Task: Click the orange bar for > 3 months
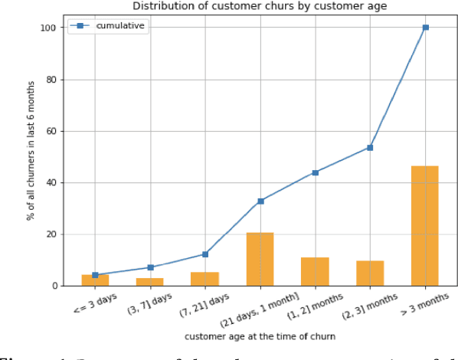[x=425, y=226]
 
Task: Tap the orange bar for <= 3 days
[x=95, y=280]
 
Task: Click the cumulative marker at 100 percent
[x=425, y=28]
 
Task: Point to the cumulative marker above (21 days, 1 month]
[x=260, y=201]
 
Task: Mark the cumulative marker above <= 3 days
[x=95, y=275]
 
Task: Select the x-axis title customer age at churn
[x=260, y=335]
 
